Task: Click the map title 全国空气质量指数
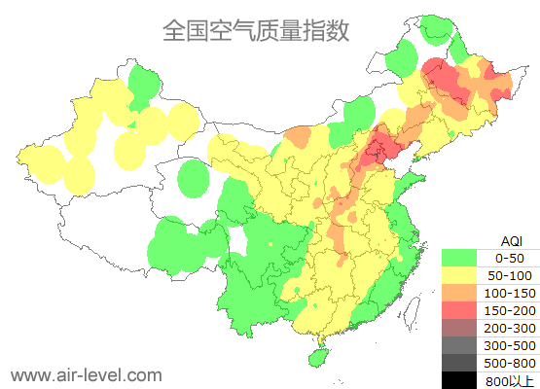point(256,30)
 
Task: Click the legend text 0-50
point(510,258)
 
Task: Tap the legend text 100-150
point(510,293)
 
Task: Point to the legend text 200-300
point(510,328)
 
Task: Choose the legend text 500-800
point(510,363)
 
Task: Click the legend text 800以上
point(510,380)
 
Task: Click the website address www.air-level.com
point(87,374)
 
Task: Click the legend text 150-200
point(510,310)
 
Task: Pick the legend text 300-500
point(510,345)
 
